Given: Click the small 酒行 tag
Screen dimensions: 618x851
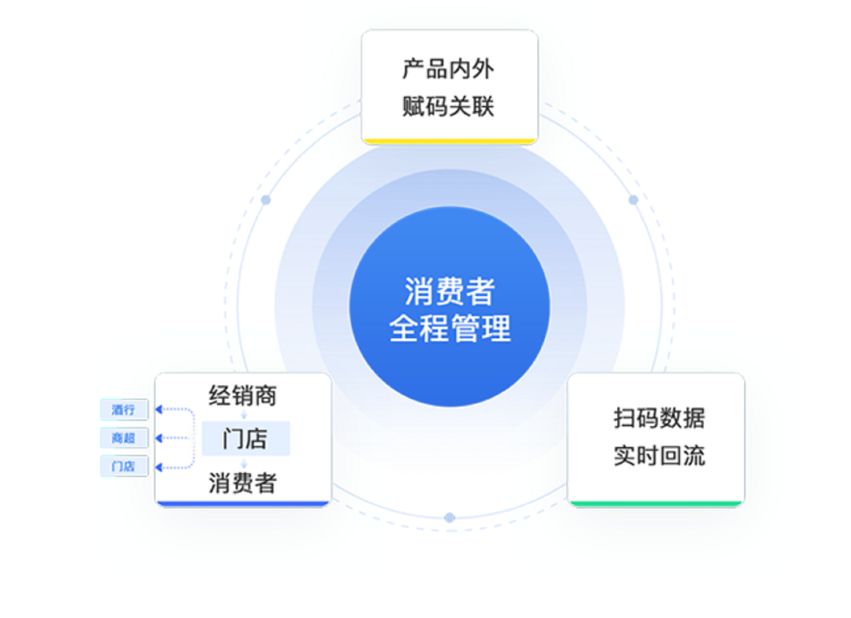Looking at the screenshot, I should coord(124,410).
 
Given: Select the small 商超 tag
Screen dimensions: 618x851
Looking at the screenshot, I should coord(124,438).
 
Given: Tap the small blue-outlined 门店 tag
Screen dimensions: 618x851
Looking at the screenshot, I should coord(124,466).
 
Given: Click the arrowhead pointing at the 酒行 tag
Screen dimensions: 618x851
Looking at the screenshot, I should coord(159,409).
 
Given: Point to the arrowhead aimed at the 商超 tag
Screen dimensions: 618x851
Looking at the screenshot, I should coord(159,438).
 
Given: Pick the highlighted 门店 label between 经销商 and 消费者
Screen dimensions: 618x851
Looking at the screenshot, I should coord(245,438).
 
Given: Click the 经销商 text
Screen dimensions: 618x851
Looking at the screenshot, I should coord(243,396).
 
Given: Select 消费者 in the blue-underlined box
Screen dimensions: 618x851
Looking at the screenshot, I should coord(243,483).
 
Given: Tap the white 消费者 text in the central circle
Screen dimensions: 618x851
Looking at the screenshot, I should coord(449,291).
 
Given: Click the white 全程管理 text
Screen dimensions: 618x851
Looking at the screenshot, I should coord(449,328).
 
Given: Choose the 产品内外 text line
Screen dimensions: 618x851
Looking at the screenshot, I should coord(448,69).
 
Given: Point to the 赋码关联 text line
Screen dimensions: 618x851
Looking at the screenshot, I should coord(448,106).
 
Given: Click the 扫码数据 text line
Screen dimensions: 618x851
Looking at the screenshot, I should coord(659,418).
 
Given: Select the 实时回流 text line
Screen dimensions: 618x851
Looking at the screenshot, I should coord(659,456).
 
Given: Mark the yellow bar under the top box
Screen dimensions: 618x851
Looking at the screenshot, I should coord(449,141).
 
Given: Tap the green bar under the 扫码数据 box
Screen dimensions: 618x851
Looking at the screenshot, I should coord(656,503).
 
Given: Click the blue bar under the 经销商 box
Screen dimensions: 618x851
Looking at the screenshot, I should coord(243,503).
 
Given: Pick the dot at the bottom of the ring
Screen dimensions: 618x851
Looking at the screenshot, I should coord(449,517).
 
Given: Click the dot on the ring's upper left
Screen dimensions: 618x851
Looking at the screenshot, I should coord(266,200).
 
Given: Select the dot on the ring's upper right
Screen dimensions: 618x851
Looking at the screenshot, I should coord(633,200).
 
